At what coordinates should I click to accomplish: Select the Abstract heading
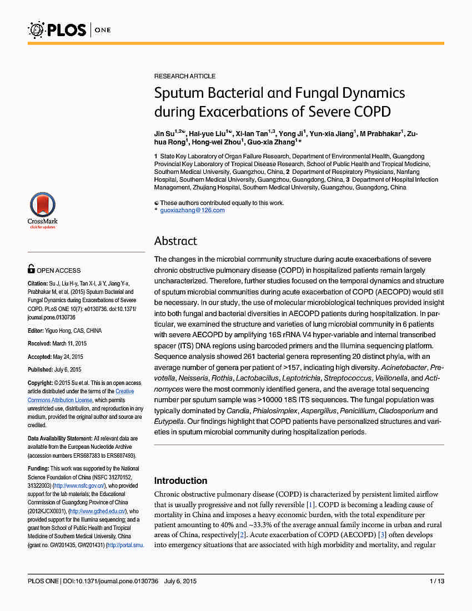pyautogui.click(x=175, y=241)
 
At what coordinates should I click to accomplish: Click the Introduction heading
pyautogui.click(x=180, y=480)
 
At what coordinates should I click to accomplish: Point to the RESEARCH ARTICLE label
pyautogui.click(x=185, y=76)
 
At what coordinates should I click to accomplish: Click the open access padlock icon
pyautogui.click(x=31, y=270)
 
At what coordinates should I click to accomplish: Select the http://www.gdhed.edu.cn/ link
pyautogui.click(x=97, y=511)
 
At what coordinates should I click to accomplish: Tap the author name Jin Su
pyautogui.click(x=164, y=134)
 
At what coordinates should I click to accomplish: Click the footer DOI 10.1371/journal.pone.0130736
pyautogui.click(x=110, y=581)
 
